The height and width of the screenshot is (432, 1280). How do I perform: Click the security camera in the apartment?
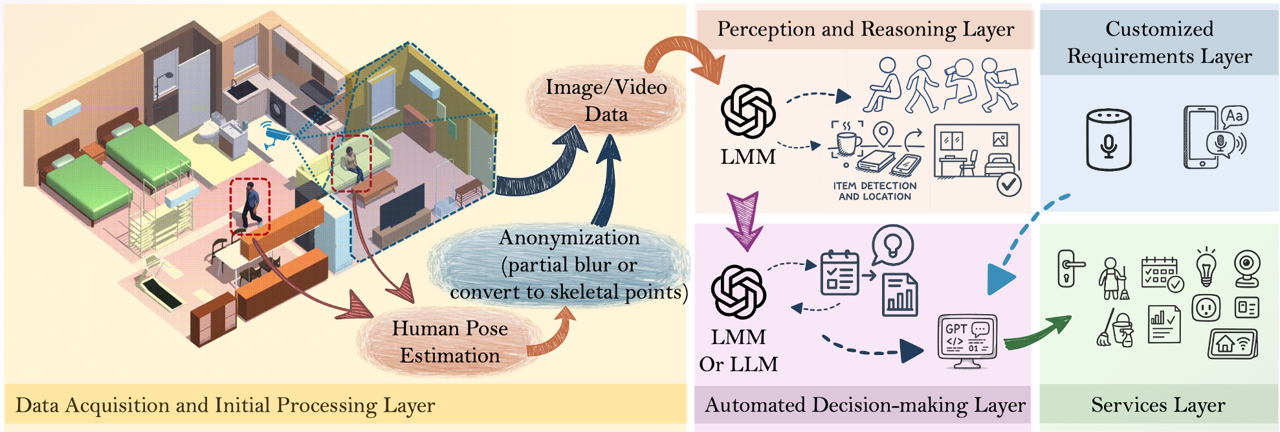click(x=280, y=135)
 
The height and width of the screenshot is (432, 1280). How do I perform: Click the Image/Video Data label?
click(x=606, y=100)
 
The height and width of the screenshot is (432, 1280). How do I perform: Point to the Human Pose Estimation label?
click(x=450, y=341)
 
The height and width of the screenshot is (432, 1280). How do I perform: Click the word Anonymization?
click(x=569, y=238)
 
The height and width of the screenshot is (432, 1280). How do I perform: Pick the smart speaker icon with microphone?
click(x=1109, y=140)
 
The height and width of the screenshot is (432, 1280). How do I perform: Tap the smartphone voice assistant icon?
click(x=1213, y=137)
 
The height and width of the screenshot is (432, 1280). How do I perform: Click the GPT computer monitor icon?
click(x=967, y=340)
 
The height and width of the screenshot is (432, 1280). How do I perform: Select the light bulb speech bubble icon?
click(x=892, y=245)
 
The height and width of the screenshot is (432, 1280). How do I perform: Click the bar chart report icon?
click(x=899, y=295)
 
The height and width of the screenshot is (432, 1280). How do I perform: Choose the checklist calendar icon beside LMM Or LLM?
click(x=839, y=273)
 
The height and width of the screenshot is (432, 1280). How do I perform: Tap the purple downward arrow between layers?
click(x=745, y=221)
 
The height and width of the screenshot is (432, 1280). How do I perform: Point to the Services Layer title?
click(x=1158, y=405)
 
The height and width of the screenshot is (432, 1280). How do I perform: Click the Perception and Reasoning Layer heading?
click(x=865, y=29)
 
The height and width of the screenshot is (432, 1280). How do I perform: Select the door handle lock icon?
click(x=1068, y=267)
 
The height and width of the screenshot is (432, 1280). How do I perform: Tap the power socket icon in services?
click(x=1206, y=308)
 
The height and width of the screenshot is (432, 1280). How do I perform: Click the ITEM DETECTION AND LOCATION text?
click(x=874, y=191)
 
